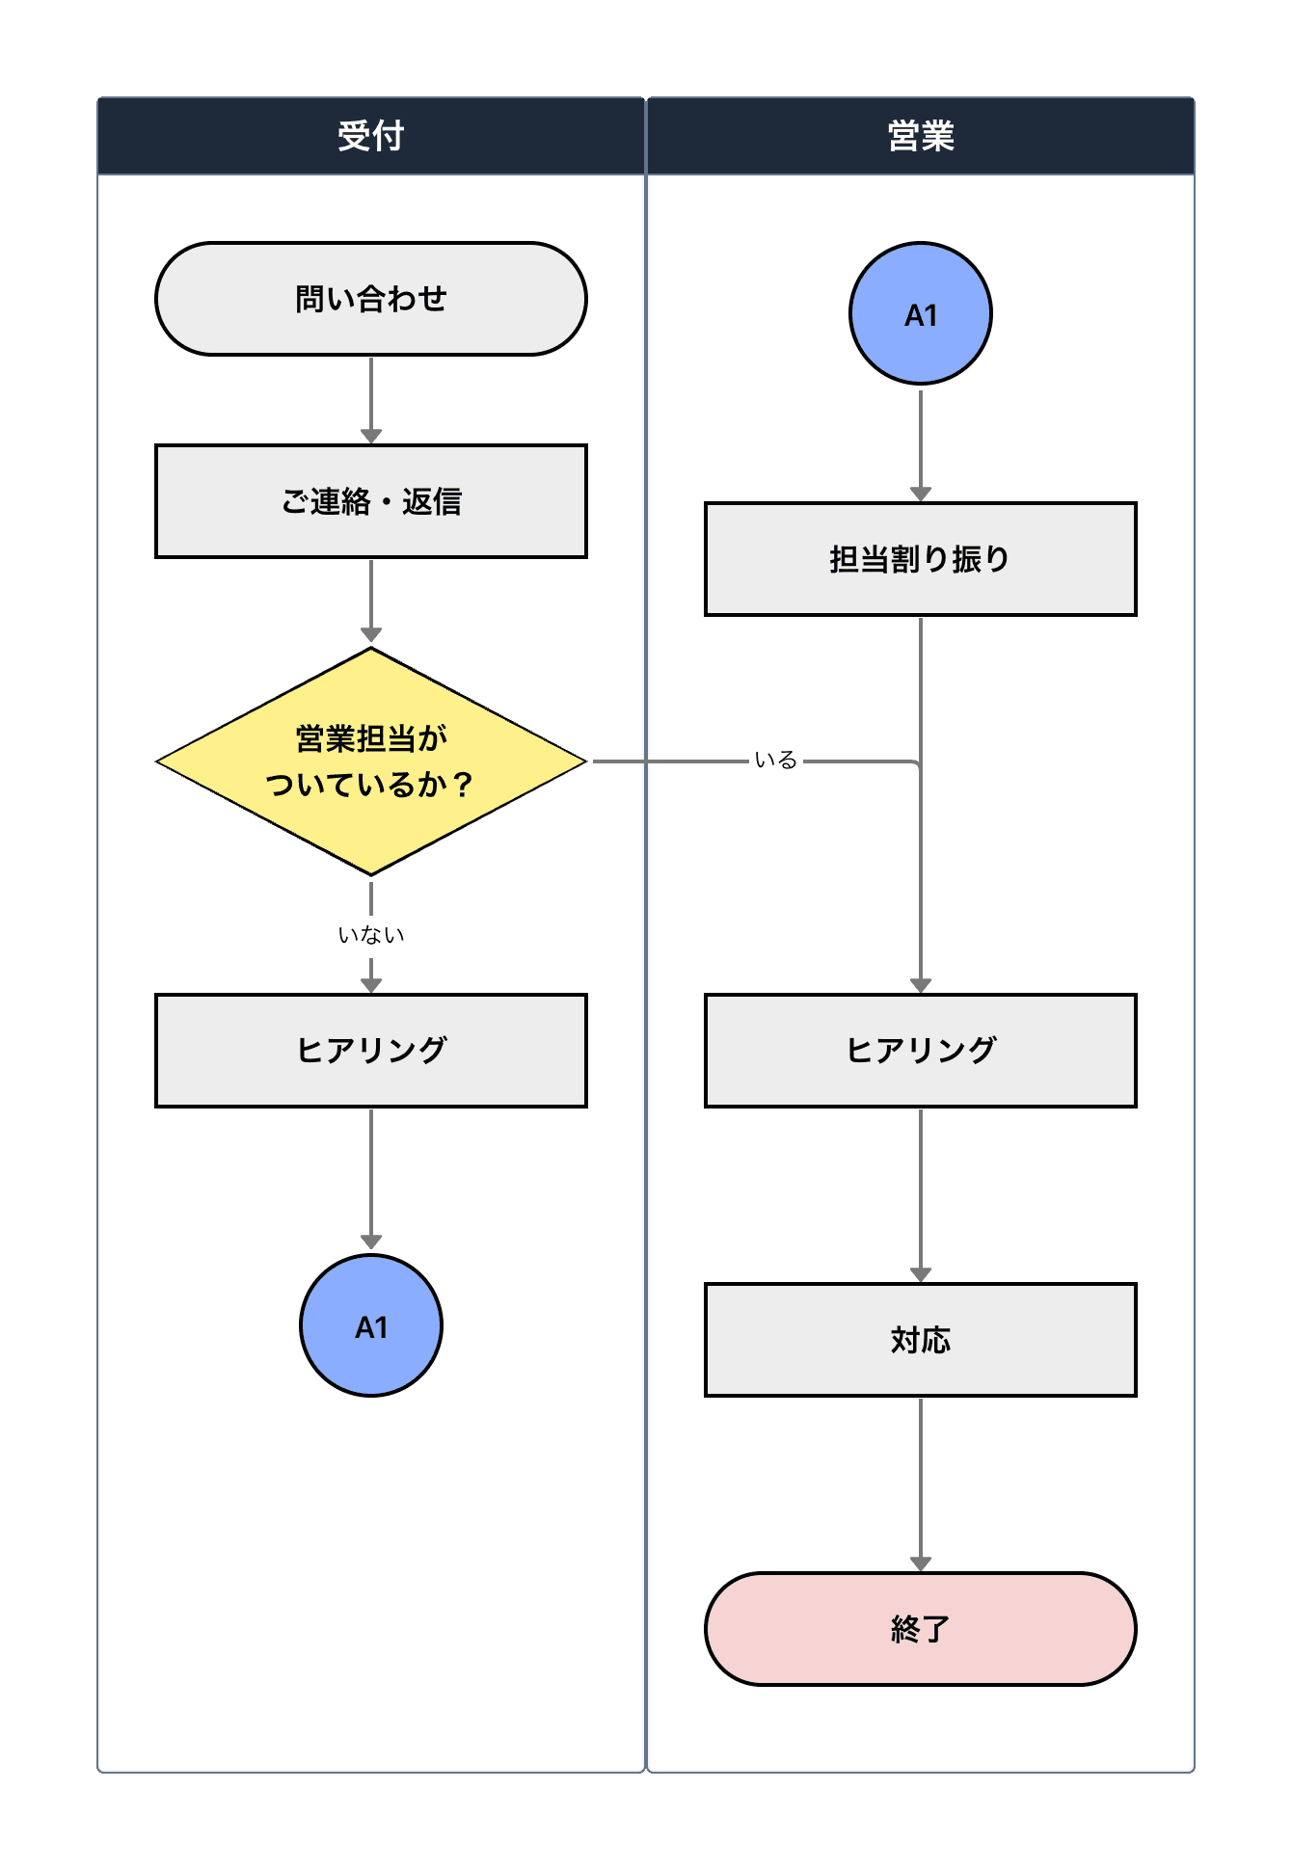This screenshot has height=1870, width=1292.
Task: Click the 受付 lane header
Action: point(371,136)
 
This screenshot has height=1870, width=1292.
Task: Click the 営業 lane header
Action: point(920,136)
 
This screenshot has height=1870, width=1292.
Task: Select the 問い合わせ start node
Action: point(371,299)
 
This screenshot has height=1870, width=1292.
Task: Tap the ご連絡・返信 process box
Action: point(371,501)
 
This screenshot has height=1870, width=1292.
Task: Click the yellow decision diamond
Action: point(371,761)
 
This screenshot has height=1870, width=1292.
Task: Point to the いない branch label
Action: point(371,935)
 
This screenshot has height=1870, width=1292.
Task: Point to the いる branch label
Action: point(775,761)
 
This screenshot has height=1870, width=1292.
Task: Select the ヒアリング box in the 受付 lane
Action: point(371,1051)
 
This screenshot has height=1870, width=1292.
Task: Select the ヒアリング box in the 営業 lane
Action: point(920,1051)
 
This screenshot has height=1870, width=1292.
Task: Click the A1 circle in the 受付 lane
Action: point(371,1325)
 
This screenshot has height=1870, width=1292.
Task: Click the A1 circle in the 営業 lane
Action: point(920,313)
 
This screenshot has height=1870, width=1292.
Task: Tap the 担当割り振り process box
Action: point(920,559)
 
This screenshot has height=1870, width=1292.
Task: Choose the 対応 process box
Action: point(920,1340)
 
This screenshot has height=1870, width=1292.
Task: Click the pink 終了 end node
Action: point(920,1629)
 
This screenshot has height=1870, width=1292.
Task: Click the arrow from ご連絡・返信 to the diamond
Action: point(371,600)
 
